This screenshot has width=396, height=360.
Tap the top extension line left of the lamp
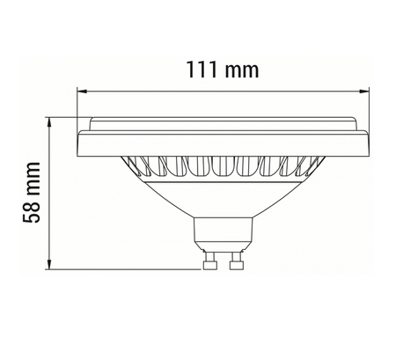pyautogui.click(x=70, y=117)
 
